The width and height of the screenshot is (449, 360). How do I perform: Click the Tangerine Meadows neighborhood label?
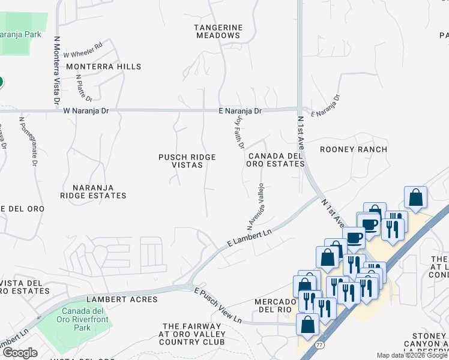click(218, 31)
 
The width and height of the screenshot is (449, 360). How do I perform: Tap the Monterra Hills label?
click(104, 67)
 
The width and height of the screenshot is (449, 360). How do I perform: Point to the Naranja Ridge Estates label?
click(93, 191)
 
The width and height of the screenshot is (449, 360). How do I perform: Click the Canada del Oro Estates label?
click(274, 160)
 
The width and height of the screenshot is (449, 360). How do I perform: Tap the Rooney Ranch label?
click(353, 149)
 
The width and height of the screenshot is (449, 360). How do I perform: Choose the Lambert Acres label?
click(122, 299)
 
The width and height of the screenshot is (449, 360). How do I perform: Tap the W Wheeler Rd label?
click(83, 49)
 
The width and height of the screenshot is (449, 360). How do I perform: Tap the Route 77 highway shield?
click(319, 345)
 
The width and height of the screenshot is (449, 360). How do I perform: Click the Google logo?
click(20, 353)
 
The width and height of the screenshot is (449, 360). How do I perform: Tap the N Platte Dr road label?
click(84, 88)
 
